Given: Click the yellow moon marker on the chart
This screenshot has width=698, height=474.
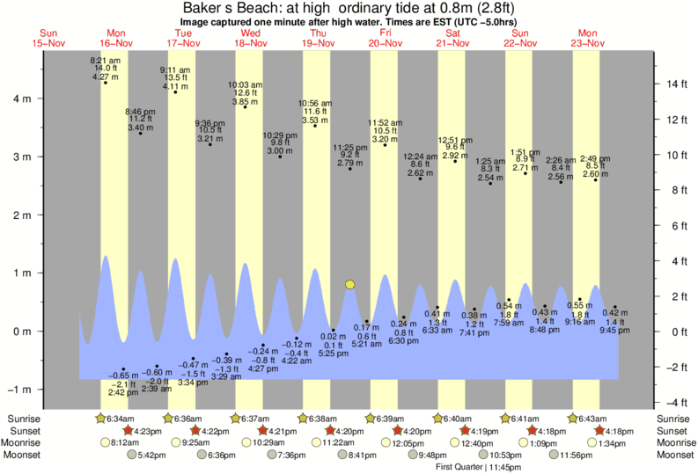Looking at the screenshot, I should (x=350, y=284).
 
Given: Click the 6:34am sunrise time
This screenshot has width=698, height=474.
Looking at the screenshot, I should (x=121, y=419).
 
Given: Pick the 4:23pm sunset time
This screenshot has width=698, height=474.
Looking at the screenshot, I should (x=148, y=431).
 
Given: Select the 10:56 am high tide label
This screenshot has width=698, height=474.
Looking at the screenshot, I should (x=315, y=103).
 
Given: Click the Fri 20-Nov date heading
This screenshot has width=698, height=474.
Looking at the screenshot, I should (x=386, y=38).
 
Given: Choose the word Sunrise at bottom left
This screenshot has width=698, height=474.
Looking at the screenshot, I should (x=25, y=419).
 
